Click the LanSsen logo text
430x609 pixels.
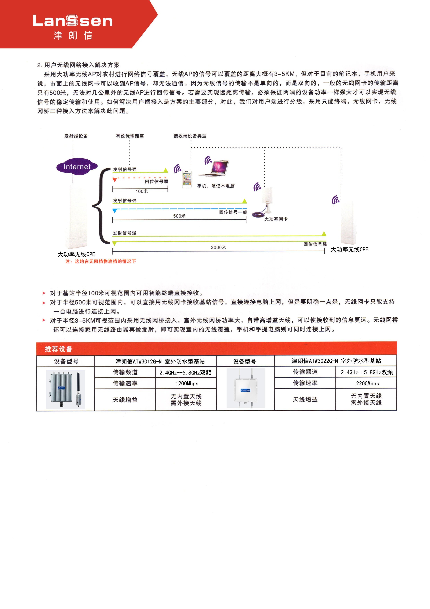(x=73, y=20)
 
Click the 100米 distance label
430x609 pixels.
(x=141, y=191)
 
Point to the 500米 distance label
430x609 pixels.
(x=179, y=216)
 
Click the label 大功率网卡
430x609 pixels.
(x=276, y=219)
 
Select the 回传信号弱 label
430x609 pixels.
(x=156, y=181)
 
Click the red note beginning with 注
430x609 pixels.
(x=101, y=261)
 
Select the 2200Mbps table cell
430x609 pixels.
(x=367, y=383)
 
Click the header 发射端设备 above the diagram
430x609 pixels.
(x=76, y=136)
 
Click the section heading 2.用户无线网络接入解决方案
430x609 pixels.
(x=78, y=65)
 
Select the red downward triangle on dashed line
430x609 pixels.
(x=115, y=180)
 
